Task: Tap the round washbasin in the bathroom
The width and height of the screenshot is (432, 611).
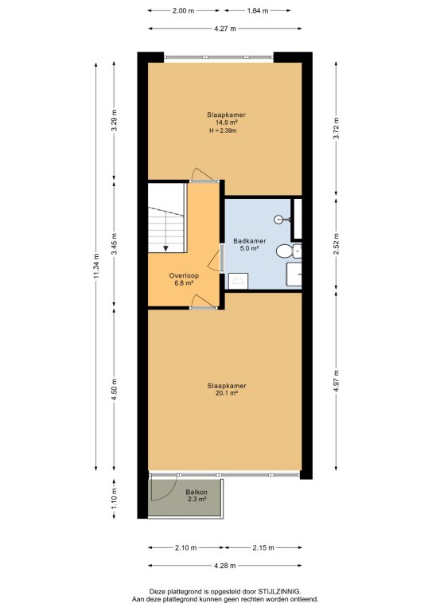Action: click(x=280, y=220)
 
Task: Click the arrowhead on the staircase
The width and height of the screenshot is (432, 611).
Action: click(x=165, y=248)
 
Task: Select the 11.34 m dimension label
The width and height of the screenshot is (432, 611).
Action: click(x=95, y=266)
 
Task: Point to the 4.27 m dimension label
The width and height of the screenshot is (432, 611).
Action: click(x=225, y=29)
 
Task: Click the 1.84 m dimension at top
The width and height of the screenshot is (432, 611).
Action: click(x=258, y=11)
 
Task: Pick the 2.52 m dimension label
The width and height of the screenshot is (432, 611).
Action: click(x=337, y=244)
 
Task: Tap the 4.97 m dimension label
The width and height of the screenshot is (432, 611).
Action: click(x=337, y=381)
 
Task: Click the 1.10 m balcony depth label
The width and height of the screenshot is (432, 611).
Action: click(x=114, y=499)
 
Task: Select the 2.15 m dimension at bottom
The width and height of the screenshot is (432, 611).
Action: click(x=263, y=547)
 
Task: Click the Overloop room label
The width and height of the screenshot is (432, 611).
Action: click(x=184, y=275)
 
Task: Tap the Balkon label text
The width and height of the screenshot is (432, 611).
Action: click(x=197, y=492)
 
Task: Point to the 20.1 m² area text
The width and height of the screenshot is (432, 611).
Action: click(x=226, y=393)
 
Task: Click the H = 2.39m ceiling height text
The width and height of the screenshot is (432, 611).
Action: click(x=224, y=131)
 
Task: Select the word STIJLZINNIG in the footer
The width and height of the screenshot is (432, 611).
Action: click(x=279, y=591)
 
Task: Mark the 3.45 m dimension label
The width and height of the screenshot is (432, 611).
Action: click(x=114, y=244)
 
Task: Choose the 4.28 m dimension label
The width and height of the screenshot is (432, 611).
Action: click(x=225, y=566)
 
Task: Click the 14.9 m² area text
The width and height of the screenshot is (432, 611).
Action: click(x=226, y=123)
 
